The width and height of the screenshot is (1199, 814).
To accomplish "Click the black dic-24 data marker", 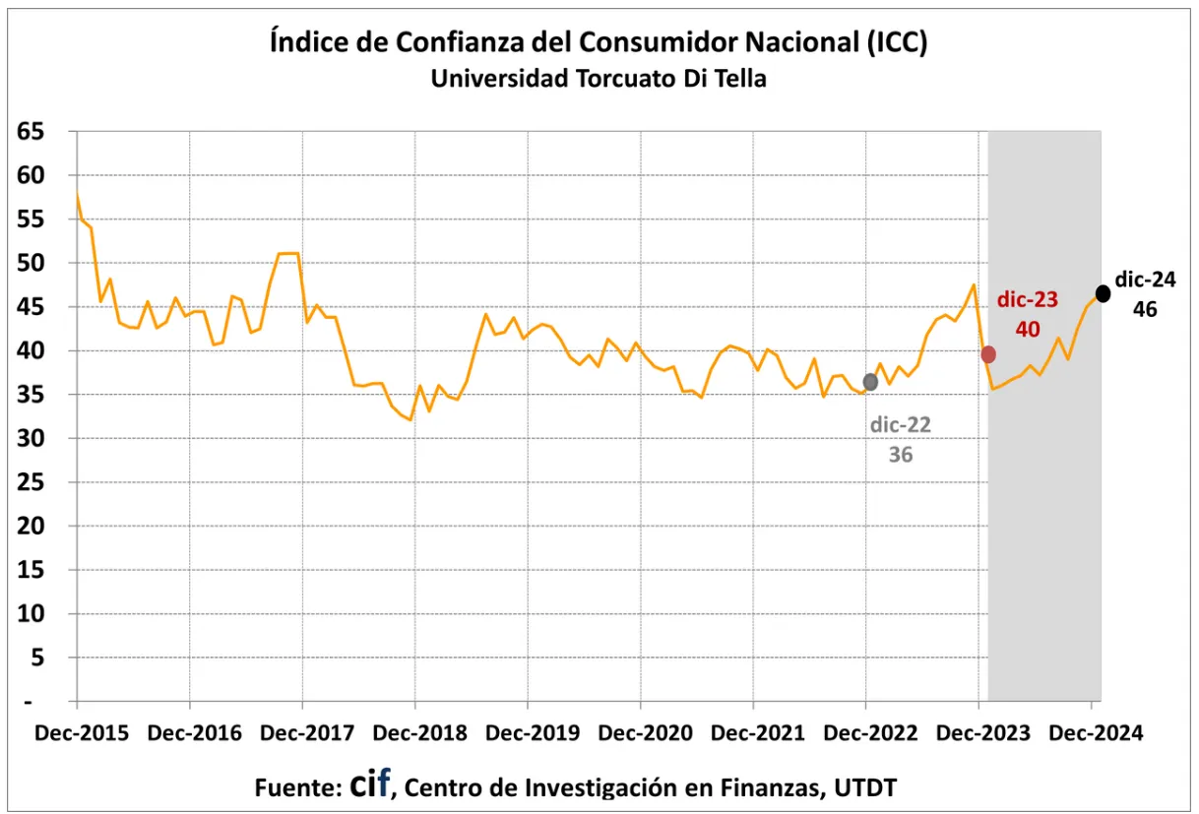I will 1103,293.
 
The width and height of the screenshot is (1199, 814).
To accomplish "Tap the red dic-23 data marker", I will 988,354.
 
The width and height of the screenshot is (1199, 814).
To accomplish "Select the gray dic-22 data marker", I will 870,382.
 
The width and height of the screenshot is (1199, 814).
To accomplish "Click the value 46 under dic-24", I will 1144,309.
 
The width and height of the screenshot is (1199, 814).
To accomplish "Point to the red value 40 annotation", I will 1028,329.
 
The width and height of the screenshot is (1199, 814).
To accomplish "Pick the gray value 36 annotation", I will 901,455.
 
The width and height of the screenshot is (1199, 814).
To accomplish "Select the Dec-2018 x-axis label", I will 414,734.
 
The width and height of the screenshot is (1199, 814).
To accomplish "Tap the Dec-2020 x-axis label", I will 640,734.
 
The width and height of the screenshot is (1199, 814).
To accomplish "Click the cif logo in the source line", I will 370,784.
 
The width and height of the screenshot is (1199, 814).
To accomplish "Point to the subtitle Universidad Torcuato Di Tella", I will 599,80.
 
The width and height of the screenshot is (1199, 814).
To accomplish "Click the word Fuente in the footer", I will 296,787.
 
